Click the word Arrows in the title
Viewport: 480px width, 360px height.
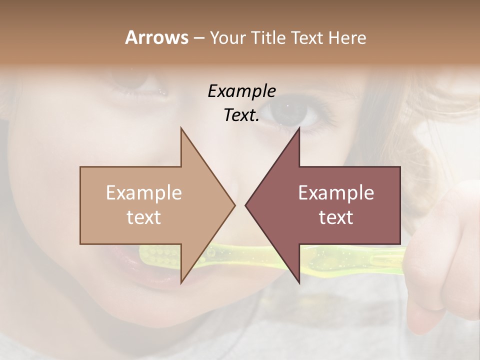pyautogui.click(x=156, y=37)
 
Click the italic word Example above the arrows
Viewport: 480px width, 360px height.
pyautogui.click(x=241, y=91)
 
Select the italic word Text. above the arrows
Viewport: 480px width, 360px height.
pyautogui.click(x=241, y=115)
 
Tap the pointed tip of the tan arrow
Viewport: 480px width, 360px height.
pyautogui.click(x=233, y=205)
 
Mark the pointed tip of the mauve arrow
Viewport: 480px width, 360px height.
pyautogui.click(x=246, y=205)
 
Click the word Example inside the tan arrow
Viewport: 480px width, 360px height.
pyautogui.click(x=144, y=193)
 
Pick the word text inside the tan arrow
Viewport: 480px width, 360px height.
pyautogui.click(x=144, y=217)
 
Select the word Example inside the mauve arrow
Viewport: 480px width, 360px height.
pyautogui.click(x=336, y=193)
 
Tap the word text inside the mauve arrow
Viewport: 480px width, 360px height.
pyautogui.click(x=336, y=217)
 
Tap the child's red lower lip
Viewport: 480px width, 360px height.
pyautogui.click(x=145, y=280)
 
